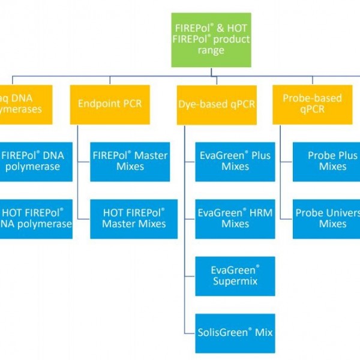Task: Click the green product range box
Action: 211,40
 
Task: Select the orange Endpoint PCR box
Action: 110,104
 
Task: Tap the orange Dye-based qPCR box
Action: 217,104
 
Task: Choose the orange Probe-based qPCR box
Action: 316,104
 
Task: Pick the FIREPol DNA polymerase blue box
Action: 36,161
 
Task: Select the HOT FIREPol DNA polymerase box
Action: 36,218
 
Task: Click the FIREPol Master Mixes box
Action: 129,161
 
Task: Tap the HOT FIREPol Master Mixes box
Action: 129,218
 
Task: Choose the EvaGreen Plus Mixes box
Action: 235,161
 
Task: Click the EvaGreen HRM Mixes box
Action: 235,218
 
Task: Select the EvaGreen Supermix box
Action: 235,275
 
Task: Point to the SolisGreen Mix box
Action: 235,332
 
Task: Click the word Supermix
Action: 235,281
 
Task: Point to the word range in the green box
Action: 212,50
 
